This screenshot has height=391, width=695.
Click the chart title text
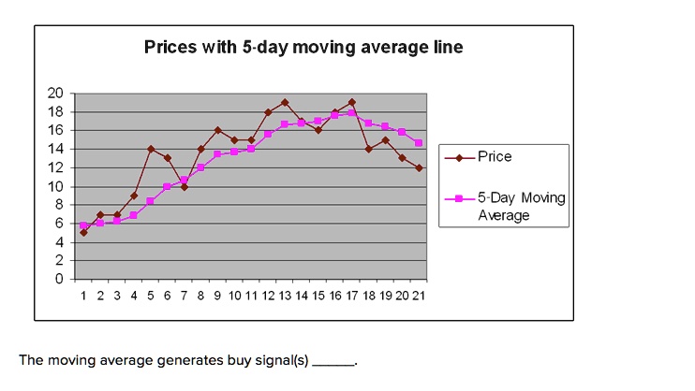[303, 47]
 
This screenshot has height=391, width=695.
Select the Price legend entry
[495, 157]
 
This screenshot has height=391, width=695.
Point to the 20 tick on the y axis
[55, 93]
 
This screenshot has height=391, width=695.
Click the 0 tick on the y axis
[59, 279]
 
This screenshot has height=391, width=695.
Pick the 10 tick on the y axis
[55, 186]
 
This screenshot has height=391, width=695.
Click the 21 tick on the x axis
[420, 295]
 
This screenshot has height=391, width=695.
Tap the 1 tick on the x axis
[83, 295]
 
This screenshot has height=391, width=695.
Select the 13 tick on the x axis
[285, 295]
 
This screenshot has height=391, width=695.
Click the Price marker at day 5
[150, 149]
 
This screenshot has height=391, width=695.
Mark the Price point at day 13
[285, 102]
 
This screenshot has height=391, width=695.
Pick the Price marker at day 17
[352, 102]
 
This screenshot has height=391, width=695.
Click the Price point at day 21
[420, 167]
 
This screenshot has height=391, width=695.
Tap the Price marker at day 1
[83, 232]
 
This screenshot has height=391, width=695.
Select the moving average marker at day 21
[420, 143]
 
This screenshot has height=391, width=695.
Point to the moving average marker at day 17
[352, 113]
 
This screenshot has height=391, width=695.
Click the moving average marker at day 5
[150, 201]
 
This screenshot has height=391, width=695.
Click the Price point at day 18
[369, 149]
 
